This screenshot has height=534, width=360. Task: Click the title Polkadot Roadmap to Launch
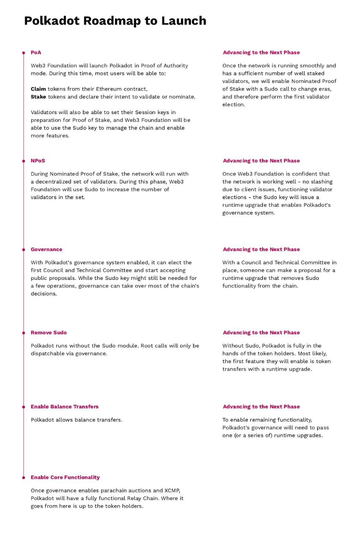click(x=115, y=21)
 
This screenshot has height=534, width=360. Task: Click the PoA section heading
click(x=36, y=52)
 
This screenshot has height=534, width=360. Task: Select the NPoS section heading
click(x=38, y=161)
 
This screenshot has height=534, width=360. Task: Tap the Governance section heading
click(x=46, y=249)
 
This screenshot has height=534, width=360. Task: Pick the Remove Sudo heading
click(x=49, y=333)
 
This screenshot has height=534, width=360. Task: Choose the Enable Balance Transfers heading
click(x=64, y=406)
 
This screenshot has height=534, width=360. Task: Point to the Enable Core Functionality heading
click(x=65, y=477)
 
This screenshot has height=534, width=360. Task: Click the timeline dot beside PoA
click(x=24, y=53)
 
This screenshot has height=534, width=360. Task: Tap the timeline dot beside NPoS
click(x=24, y=161)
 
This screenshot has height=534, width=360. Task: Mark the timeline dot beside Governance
click(x=24, y=250)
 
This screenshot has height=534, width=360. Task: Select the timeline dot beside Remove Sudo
click(x=24, y=333)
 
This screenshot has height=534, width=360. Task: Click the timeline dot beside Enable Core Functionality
click(x=24, y=477)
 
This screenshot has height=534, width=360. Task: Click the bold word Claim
click(x=38, y=89)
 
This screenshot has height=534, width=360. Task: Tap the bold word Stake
click(x=38, y=97)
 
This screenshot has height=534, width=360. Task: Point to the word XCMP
click(x=172, y=490)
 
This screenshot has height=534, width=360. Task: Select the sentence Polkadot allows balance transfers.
click(x=77, y=420)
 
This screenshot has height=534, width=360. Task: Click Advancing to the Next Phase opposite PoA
click(x=261, y=52)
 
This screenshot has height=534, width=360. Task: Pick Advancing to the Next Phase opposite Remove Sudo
click(x=261, y=333)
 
